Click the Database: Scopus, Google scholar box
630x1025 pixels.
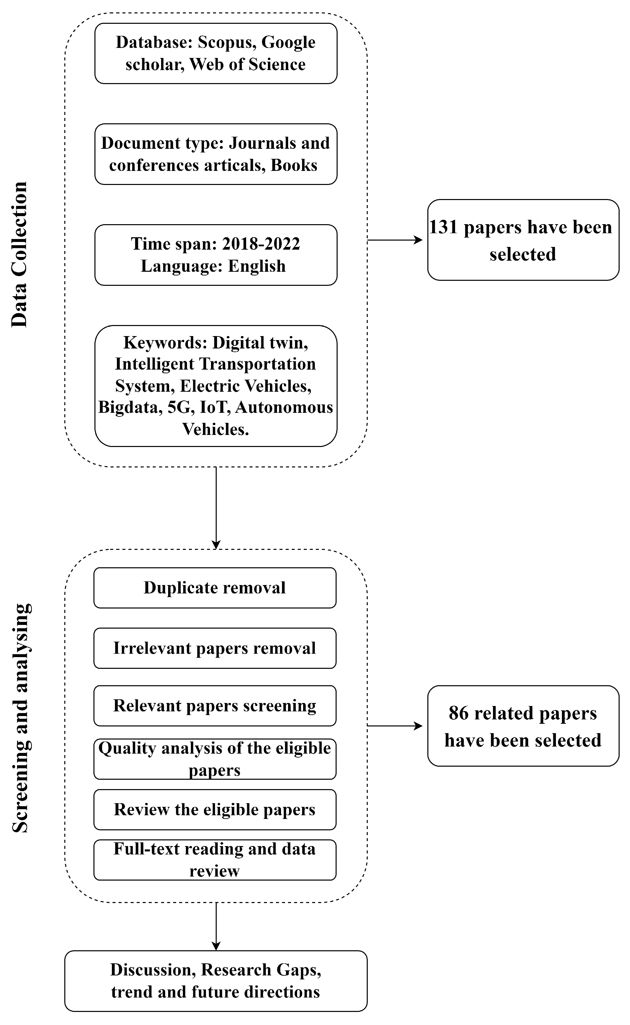(215, 53)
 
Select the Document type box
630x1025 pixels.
(215, 154)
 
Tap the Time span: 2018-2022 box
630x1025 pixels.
(215, 255)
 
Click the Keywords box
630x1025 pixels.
(215, 386)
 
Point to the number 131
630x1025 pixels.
(443, 228)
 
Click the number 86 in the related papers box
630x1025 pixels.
(458, 713)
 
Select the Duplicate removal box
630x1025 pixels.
(215, 588)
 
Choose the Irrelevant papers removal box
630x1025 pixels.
(215, 648)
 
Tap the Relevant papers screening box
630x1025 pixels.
(215, 706)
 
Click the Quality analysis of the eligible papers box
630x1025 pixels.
(215, 759)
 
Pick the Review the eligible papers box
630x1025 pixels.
(215, 810)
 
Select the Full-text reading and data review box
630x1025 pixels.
(215, 860)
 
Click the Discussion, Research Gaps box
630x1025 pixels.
(215, 981)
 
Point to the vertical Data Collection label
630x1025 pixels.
(19, 254)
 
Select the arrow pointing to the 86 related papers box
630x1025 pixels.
(395, 726)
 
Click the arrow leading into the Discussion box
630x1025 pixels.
(216, 926)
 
